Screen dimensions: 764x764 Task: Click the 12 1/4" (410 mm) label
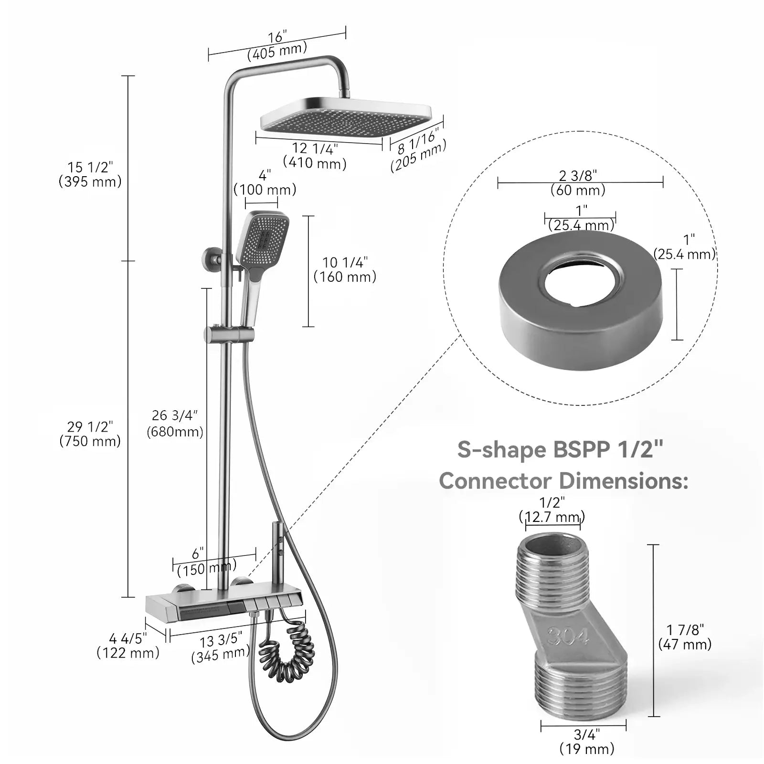tap(314, 156)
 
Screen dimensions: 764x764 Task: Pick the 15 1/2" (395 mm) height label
tap(90, 174)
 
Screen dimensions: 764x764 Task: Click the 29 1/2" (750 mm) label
tap(90, 434)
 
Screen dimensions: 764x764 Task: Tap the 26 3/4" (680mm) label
tap(175, 424)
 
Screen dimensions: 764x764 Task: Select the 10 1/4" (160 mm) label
tap(345, 269)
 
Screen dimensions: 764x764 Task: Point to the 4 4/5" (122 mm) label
tap(128, 646)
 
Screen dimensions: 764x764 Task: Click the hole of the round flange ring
tap(581, 282)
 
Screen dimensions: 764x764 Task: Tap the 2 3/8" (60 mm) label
tap(578, 183)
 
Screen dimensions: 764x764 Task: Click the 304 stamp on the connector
tap(568, 636)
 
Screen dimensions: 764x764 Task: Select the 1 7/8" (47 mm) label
tap(685, 637)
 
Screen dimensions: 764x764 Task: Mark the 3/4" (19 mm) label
tap(587, 741)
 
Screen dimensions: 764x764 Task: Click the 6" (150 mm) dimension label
tap(205, 562)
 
